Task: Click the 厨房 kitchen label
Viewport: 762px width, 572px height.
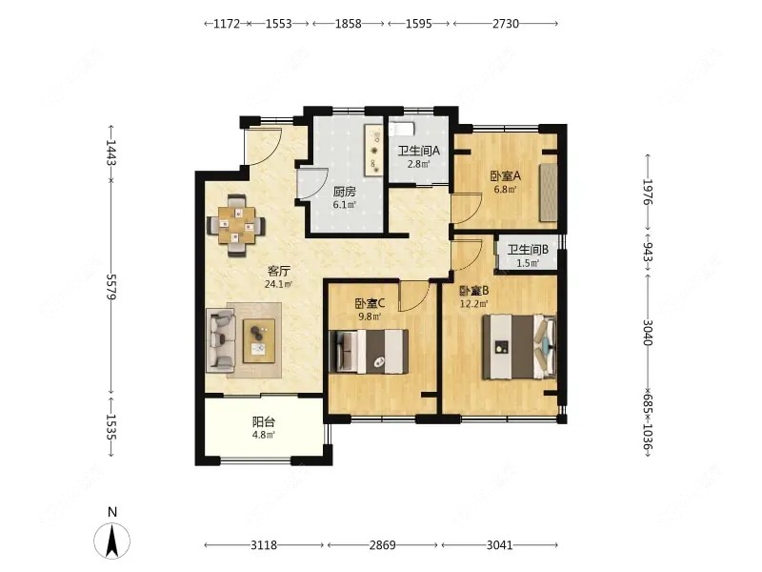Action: [344, 192]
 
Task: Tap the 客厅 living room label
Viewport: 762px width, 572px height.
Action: [278, 272]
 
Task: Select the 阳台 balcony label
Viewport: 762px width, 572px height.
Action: [264, 421]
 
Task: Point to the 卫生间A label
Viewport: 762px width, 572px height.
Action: [418, 152]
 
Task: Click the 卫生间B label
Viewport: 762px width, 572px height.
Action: [528, 250]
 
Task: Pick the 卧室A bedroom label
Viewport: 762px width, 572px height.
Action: [506, 176]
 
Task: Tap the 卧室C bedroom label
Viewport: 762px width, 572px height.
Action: [370, 304]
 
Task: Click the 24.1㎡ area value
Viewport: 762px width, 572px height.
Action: [278, 284]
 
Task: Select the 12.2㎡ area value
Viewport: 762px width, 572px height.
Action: [473, 304]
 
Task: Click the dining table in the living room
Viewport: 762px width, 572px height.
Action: [236, 225]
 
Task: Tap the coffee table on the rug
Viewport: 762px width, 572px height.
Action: [258, 340]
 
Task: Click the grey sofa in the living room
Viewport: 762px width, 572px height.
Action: [221, 340]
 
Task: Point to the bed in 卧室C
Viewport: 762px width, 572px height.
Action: [369, 352]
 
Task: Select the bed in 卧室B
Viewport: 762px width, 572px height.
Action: [519, 347]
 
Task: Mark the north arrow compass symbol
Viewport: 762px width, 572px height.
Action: [112, 541]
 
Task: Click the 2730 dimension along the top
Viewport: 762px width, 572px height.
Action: [506, 23]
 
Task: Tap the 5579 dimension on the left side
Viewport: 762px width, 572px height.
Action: [111, 287]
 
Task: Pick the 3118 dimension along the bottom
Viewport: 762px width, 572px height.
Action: [264, 544]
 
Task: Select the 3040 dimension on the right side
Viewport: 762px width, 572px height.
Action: [648, 332]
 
